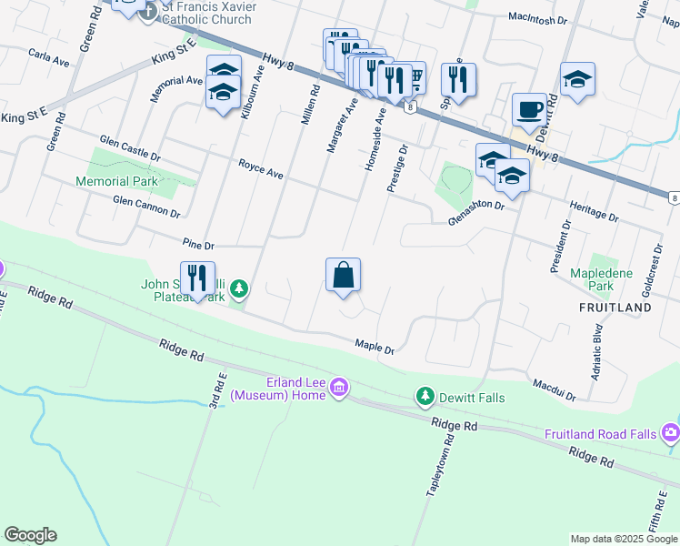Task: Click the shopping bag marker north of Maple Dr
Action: pyautogui.click(x=343, y=276)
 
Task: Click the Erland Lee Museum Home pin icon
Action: pyautogui.click(x=339, y=389)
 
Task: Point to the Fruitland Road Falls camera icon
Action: pyautogui.click(x=671, y=431)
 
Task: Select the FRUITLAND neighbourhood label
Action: pyautogui.click(x=615, y=308)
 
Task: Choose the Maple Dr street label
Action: pyautogui.click(x=375, y=347)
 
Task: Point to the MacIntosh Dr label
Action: pyautogui.click(x=537, y=17)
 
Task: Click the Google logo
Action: pyautogui.click(x=30, y=535)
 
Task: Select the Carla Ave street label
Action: pyautogui.click(x=49, y=57)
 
